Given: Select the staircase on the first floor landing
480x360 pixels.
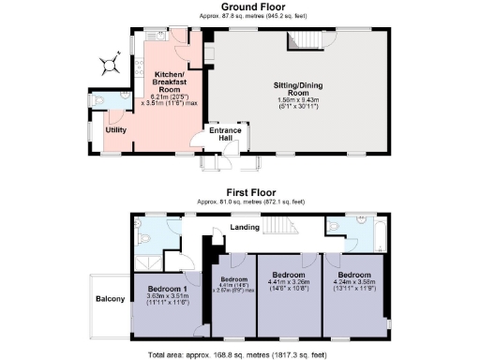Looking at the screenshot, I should coord(277,226).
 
